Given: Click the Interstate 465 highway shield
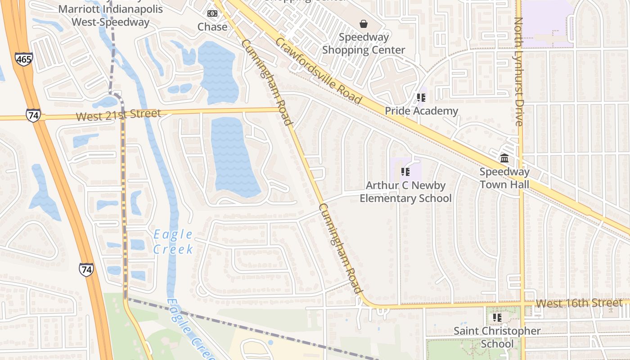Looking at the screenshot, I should [23, 58].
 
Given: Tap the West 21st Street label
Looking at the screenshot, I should [118, 115].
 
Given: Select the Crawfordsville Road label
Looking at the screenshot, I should [318, 70].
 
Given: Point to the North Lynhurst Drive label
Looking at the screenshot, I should [518, 72].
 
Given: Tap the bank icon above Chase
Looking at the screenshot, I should [212, 13].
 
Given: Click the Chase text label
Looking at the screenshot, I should [212, 27].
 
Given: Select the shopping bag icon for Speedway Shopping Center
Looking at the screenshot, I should [364, 23].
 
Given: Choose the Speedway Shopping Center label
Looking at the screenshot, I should [364, 44].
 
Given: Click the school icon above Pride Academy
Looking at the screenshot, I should [421, 97].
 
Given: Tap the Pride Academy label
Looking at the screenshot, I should [421, 111].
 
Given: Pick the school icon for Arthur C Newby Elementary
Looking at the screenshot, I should [405, 171].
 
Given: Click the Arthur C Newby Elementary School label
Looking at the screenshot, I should [405, 192].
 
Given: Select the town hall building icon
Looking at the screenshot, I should [504, 158].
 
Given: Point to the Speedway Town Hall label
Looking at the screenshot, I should [504, 178].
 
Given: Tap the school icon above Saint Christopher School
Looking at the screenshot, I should [497, 318].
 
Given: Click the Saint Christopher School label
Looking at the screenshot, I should [497, 337].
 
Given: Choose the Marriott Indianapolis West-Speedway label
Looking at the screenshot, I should [110, 15].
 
